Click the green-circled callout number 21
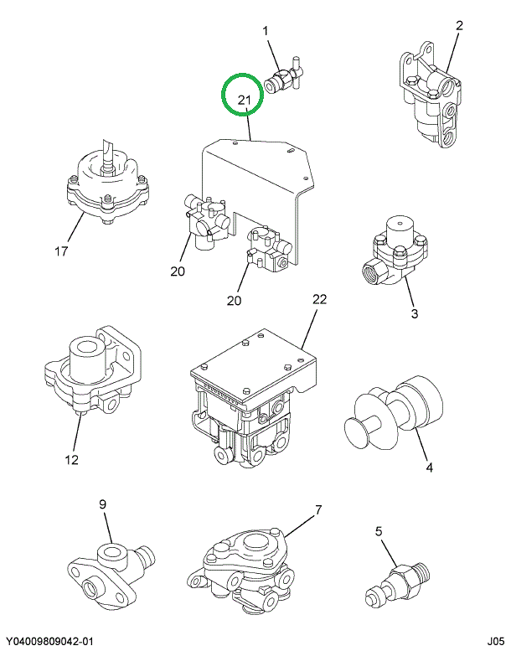[x=243, y=101]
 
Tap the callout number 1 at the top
[x=266, y=32]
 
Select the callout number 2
[x=459, y=26]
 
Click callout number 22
[x=318, y=299]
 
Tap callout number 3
[x=413, y=314]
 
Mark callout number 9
[x=103, y=504]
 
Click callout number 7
[x=318, y=509]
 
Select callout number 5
[x=378, y=530]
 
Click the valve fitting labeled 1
[x=283, y=75]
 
